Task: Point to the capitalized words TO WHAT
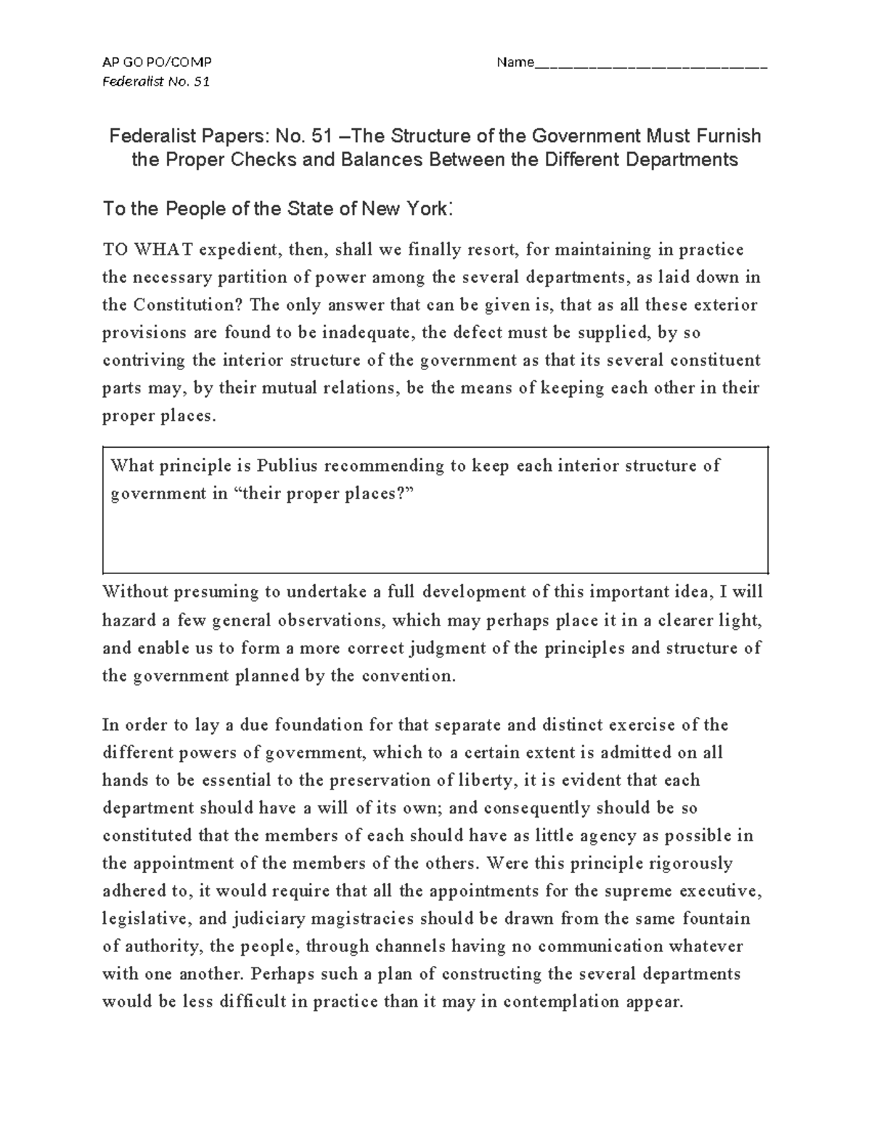pyautogui.click(x=148, y=250)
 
